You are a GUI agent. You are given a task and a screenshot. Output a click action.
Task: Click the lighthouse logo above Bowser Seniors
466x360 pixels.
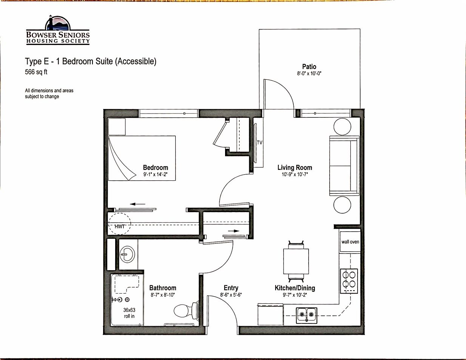(58, 23)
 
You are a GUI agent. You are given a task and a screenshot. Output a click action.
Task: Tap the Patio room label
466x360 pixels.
(309, 66)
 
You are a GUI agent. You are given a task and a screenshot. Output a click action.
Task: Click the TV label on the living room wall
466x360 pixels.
(259, 143)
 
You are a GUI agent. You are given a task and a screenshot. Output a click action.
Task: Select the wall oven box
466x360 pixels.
(350, 242)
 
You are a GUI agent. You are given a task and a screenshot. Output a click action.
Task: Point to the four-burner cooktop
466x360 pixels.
(349, 281)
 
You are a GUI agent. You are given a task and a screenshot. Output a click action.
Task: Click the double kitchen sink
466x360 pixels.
(307, 315)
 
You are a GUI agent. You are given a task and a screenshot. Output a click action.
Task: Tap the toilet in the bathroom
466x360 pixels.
(186, 312)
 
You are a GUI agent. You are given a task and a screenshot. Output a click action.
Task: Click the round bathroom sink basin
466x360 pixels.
(127, 254)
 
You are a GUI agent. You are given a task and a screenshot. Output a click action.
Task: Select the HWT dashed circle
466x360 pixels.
(119, 224)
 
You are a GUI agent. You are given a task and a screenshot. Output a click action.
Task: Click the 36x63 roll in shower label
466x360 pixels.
(129, 313)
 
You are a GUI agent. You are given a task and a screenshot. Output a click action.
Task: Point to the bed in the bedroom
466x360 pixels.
(142, 158)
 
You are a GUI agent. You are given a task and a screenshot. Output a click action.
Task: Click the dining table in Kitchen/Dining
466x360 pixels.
(296, 261)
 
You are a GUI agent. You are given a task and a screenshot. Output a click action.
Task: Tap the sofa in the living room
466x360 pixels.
(344, 166)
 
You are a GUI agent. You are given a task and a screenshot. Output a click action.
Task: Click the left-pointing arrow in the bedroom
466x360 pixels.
(137, 204)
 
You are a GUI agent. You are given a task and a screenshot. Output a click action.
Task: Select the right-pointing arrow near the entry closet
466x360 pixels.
(233, 231)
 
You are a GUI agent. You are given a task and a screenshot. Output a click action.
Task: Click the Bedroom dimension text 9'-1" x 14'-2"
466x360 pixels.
(155, 174)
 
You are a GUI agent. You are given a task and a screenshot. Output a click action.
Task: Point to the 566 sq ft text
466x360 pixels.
(36, 72)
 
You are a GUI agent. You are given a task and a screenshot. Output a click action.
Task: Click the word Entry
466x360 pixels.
(231, 288)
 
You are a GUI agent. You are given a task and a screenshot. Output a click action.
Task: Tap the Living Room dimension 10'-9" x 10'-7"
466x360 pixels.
(295, 174)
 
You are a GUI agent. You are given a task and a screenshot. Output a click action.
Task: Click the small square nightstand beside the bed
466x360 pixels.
(117, 127)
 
